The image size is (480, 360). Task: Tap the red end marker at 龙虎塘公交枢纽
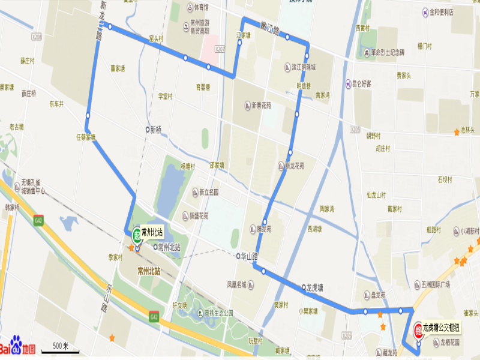[x=418, y=329]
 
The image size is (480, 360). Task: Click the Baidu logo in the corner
[x=18, y=348]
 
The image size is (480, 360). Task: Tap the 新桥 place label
[x=155, y=129]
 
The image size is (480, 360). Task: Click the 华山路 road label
[x=248, y=256]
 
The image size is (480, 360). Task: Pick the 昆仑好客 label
[x=362, y=83]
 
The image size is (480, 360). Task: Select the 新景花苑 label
[x=262, y=106]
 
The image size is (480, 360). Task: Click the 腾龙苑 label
[x=263, y=229]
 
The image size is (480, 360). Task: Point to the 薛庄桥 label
[x=29, y=94]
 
